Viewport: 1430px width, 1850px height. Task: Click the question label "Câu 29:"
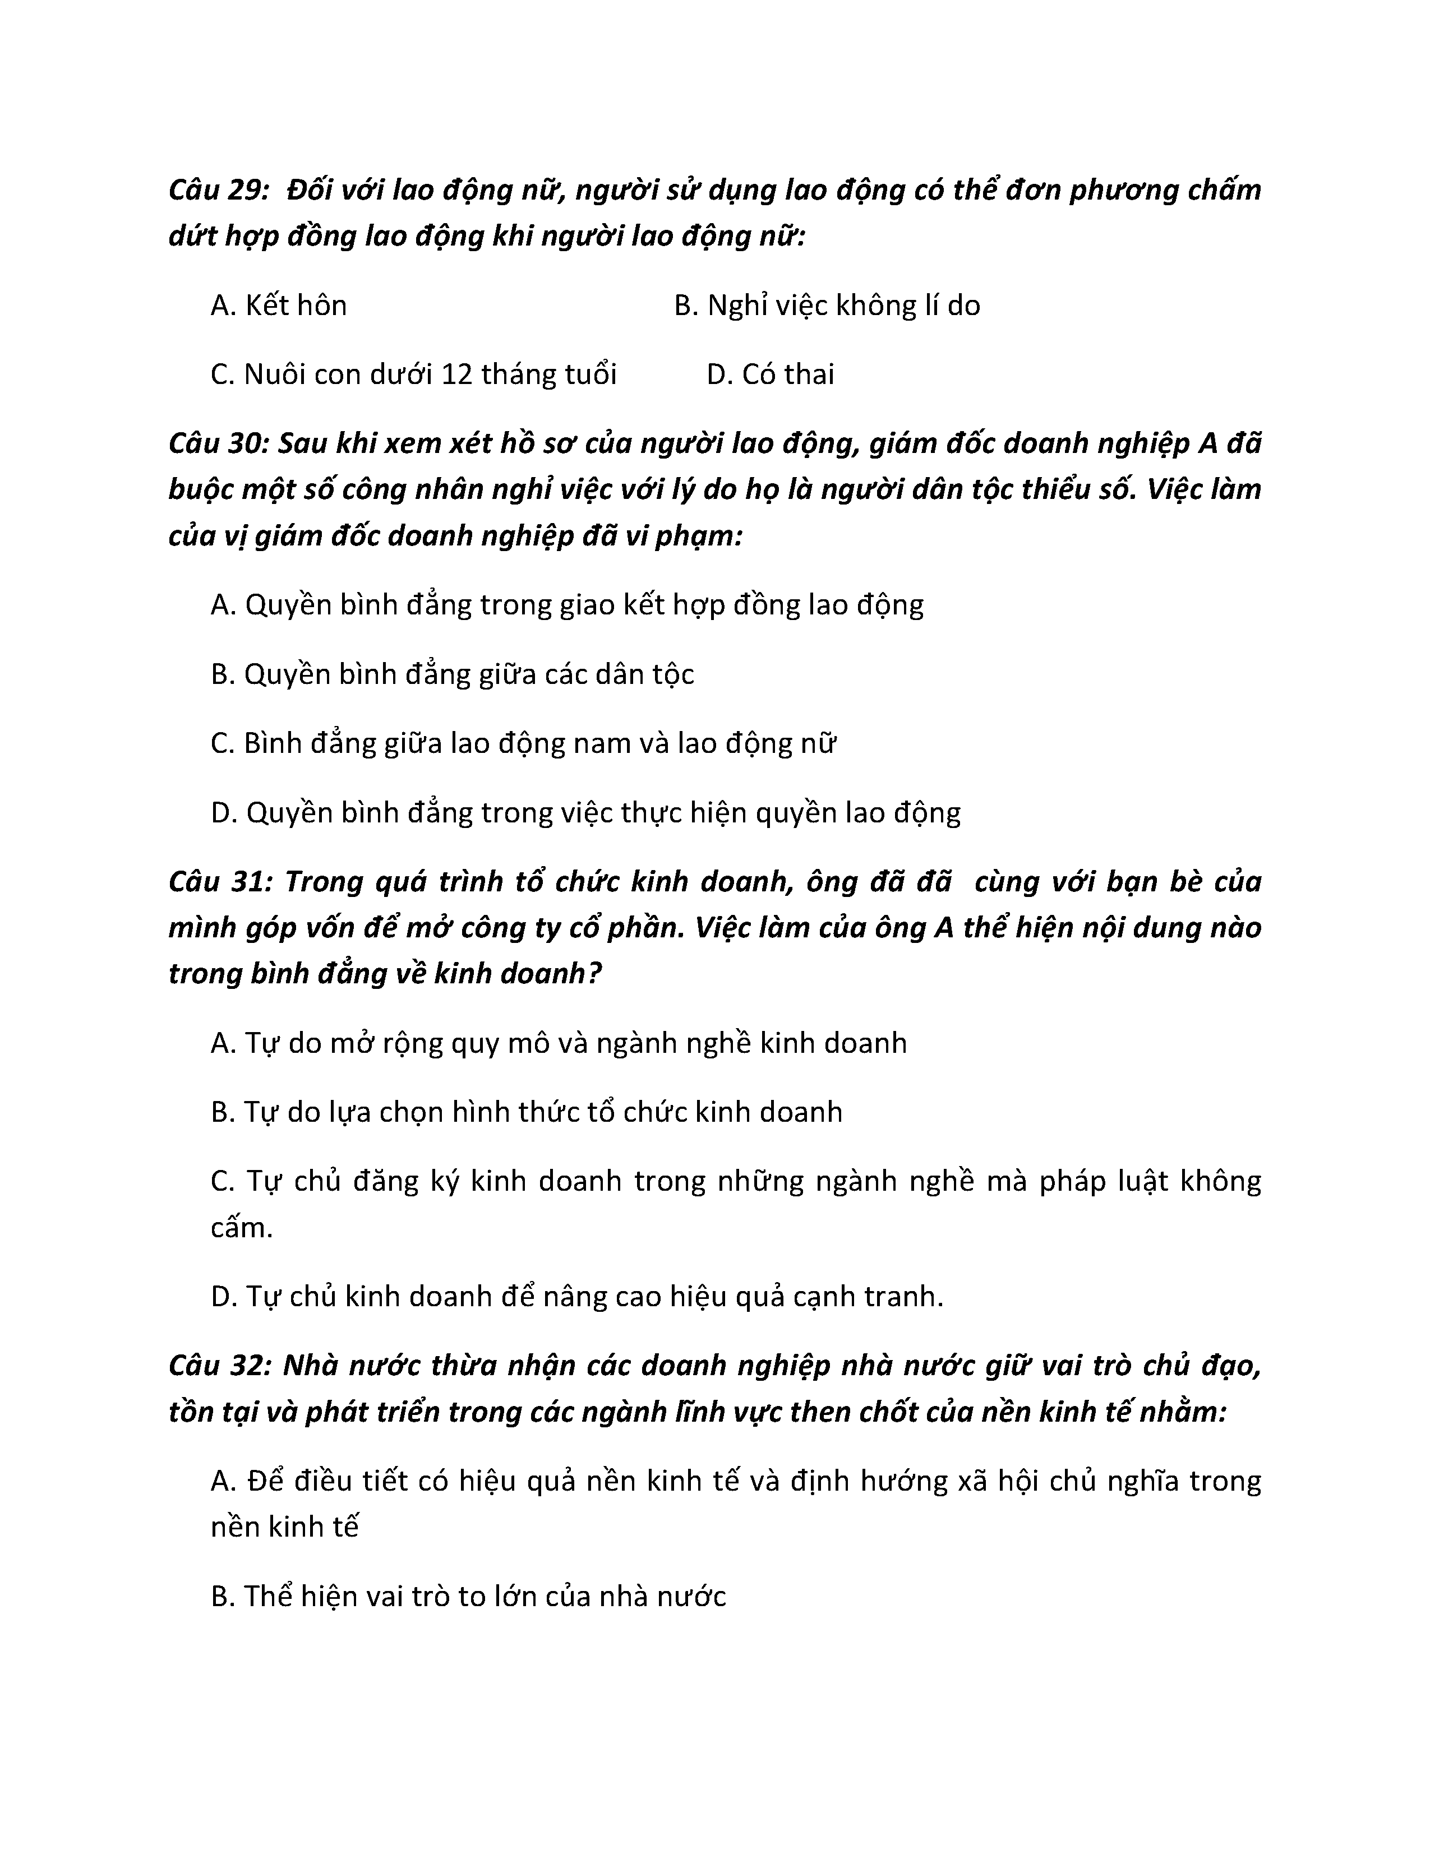219,189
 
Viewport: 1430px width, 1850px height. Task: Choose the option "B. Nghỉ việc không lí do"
827,305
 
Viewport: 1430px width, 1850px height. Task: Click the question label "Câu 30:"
219,444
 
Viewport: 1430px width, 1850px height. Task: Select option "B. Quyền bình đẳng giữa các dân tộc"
453,674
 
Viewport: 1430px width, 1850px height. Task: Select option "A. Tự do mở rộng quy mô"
559,1043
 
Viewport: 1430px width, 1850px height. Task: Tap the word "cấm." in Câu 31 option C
242,1227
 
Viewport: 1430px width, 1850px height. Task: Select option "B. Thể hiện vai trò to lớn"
468,1597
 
